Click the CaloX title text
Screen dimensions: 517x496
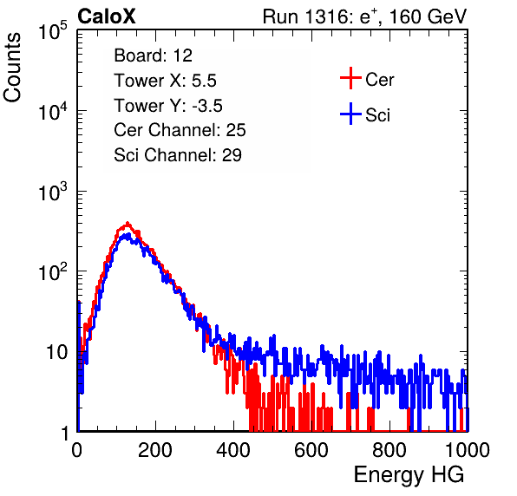point(107,16)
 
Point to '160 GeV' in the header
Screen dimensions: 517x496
point(428,16)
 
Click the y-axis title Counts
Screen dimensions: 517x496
point(12,68)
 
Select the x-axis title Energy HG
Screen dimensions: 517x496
point(409,475)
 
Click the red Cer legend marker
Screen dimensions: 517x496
point(350,78)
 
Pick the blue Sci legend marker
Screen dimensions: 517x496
point(350,114)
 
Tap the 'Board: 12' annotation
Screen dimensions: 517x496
point(153,55)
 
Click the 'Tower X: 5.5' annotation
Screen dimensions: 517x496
point(165,81)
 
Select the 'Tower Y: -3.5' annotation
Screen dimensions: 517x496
point(168,106)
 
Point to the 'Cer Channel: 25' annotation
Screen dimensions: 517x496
point(180,130)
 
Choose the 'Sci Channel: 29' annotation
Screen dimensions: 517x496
point(178,155)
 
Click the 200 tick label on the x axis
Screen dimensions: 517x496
point(155,450)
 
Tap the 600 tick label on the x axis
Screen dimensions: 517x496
point(311,450)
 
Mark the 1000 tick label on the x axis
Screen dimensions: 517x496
point(468,450)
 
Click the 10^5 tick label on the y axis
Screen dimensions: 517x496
point(53,31)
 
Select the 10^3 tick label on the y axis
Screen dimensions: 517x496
point(53,192)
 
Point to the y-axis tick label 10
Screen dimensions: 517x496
point(56,353)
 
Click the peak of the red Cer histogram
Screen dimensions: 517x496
point(128,223)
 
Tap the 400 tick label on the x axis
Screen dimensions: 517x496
point(233,450)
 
